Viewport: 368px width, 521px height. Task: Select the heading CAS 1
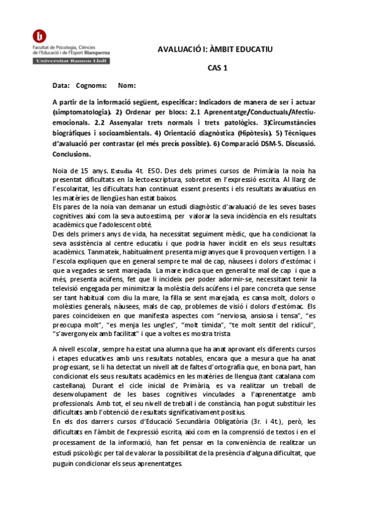coord(217,69)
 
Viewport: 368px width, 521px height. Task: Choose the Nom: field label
coord(127,85)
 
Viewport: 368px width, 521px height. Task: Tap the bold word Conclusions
coord(71,154)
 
